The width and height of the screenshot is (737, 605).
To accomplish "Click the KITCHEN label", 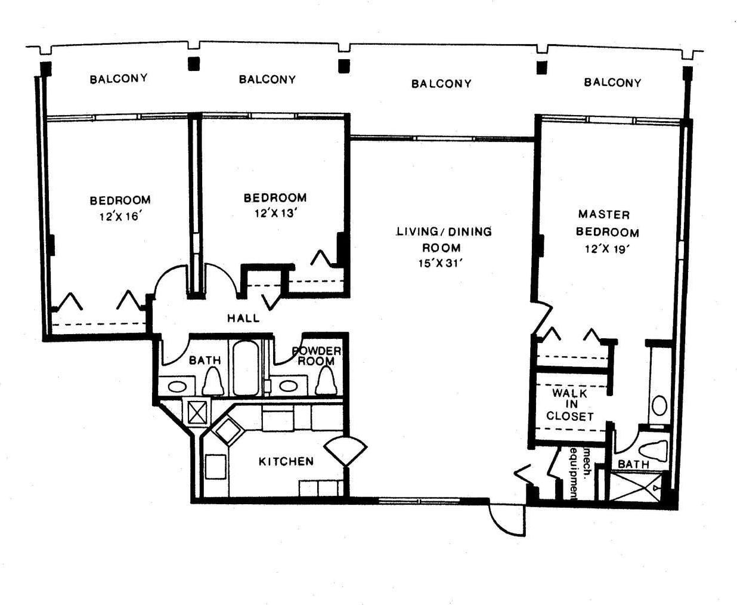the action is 286,461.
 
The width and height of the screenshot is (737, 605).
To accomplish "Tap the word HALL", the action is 243,318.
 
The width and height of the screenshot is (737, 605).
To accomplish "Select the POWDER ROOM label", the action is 316,356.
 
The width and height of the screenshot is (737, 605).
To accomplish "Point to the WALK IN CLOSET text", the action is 569,405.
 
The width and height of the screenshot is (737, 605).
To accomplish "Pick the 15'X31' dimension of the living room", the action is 441,263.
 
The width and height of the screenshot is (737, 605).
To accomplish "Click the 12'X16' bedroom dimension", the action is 119,217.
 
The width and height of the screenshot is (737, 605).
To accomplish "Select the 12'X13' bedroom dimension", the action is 275,213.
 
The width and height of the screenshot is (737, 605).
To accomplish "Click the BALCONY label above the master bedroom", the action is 612,82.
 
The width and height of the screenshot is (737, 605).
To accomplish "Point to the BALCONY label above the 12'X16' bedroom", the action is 119,78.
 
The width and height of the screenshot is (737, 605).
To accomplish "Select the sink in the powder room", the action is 288,385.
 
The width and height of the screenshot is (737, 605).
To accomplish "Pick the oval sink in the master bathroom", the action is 659,406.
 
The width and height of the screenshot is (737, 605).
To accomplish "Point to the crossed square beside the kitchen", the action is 196,412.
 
